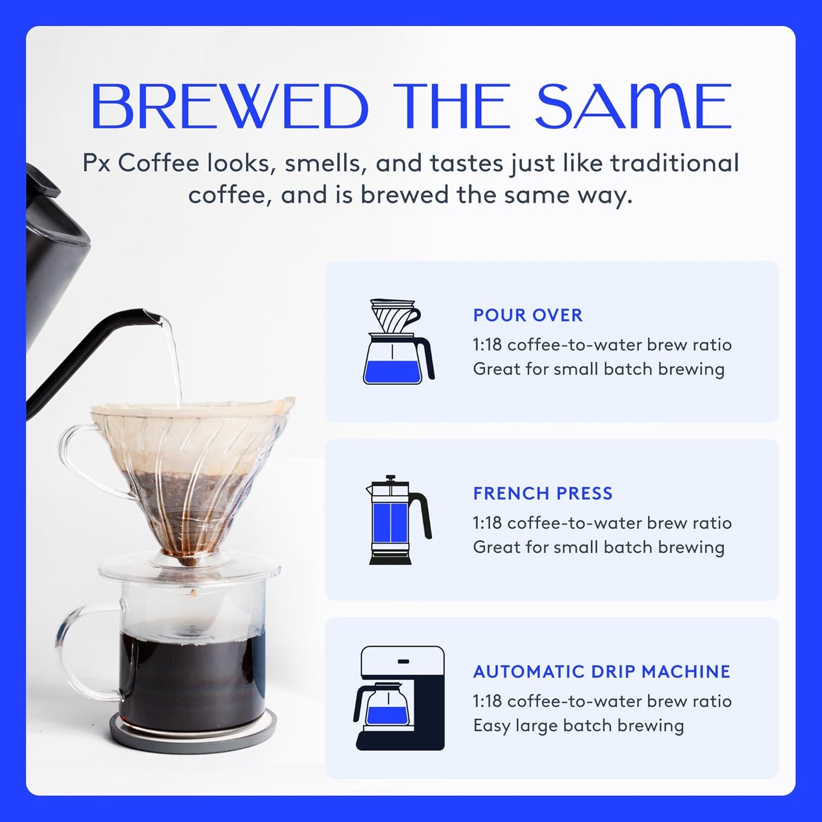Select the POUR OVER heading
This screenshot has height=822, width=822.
[x=528, y=315]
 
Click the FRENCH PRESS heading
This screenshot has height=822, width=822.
[x=543, y=493]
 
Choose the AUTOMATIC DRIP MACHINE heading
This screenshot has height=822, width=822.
[x=601, y=671]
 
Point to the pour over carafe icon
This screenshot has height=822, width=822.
[x=399, y=341]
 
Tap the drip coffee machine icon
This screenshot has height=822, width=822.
[x=400, y=698]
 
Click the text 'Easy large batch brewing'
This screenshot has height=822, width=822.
[x=578, y=726]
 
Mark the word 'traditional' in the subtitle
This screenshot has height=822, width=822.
[x=675, y=163]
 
